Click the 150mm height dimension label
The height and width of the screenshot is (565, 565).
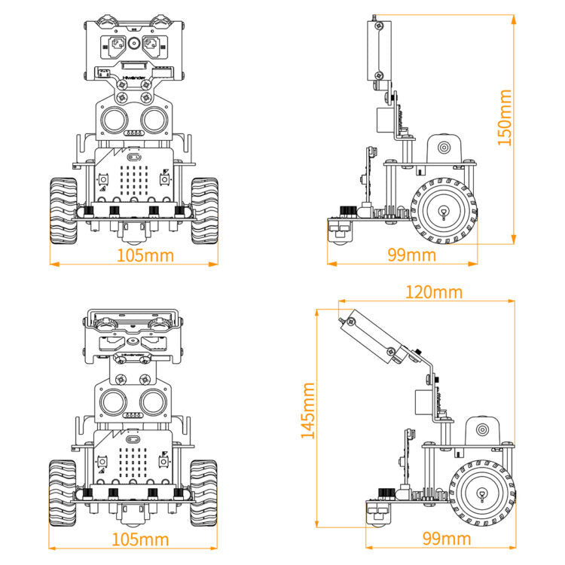click(x=505, y=117)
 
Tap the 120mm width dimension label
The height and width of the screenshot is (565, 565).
click(x=434, y=292)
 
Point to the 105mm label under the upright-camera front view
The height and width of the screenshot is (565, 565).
click(x=145, y=255)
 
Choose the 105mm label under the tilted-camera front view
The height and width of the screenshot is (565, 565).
click(x=140, y=539)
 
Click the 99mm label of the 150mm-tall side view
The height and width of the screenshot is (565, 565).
click(x=411, y=255)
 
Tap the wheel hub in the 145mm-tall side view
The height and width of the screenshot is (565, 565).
click(x=480, y=493)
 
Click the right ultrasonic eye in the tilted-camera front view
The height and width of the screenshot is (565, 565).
click(x=152, y=399)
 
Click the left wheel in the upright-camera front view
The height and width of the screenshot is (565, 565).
click(x=63, y=210)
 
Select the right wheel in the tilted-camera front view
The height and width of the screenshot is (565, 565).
click(x=203, y=493)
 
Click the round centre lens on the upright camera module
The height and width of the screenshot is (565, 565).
click(x=133, y=44)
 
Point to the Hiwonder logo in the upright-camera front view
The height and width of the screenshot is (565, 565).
click(x=133, y=75)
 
